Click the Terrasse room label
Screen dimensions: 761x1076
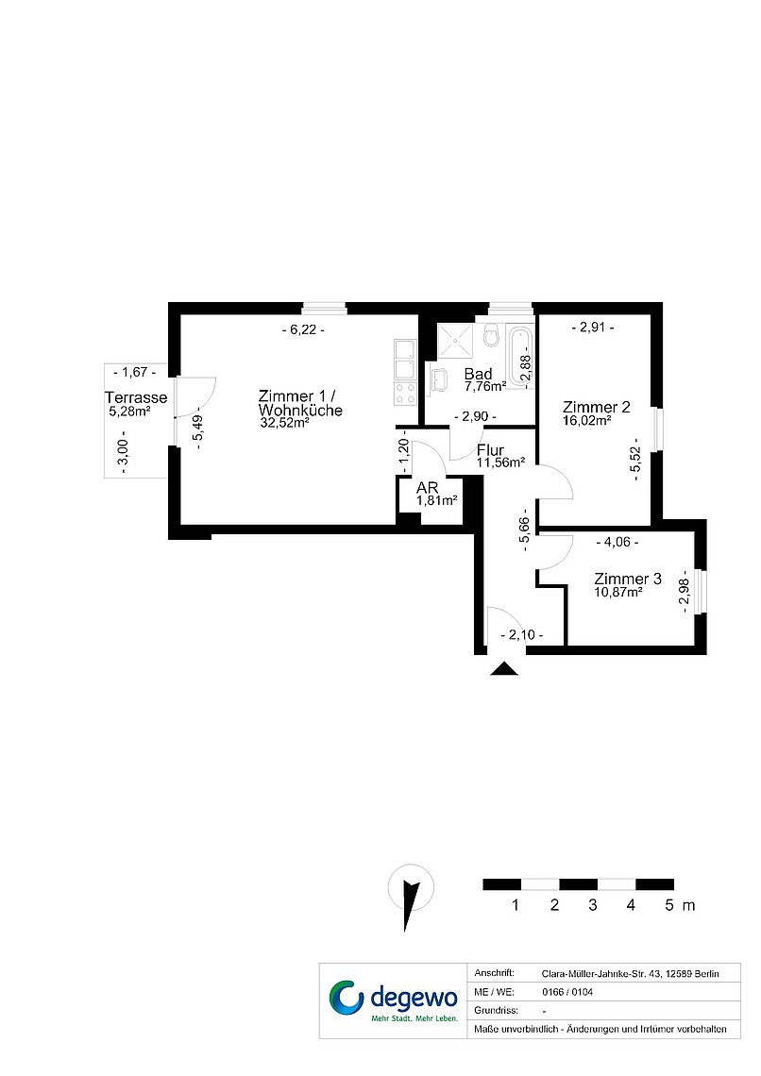coord(136,397)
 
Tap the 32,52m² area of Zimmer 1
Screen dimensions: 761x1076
coord(284,423)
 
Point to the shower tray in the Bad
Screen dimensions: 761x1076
coord(454,341)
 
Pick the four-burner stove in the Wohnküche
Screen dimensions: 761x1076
coord(406,393)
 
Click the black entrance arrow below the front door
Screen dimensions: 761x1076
coord(504,668)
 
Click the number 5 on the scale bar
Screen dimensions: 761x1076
coord(669,905)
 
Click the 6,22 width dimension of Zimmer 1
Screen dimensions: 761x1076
coord(303,330)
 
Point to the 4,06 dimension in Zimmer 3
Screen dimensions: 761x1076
coord(617,542)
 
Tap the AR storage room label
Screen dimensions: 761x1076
coord(428,488)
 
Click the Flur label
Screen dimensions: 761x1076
coord(491,451)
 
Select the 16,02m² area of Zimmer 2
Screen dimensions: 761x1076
coord(587,421)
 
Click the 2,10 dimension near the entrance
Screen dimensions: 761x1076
coord(522,635)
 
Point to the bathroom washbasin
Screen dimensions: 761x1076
coord(438,379)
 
